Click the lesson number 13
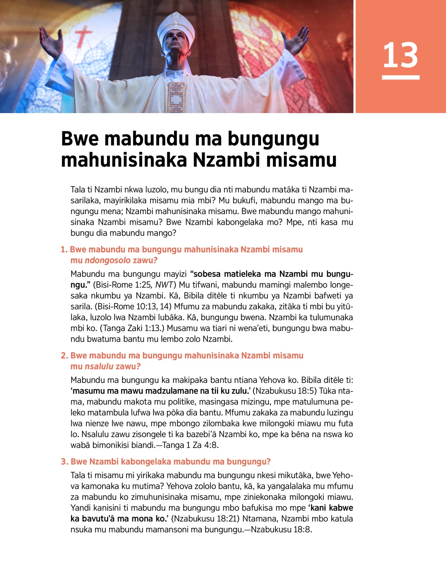pos(400,55)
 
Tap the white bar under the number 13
pos(401,77)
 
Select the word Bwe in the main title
pos(79,138)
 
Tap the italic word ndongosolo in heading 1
pos(108,260)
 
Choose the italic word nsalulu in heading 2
pos(99,366)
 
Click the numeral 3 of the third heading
pos(64,462)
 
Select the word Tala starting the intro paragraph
pos(78,190)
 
